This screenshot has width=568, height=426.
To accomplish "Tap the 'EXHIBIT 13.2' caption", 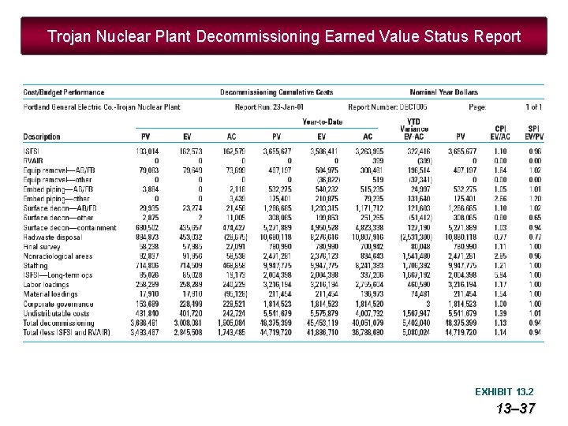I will point(503,391).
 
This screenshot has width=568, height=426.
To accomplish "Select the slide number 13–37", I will point(516,408).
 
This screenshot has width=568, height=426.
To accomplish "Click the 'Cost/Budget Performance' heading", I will point(63,93).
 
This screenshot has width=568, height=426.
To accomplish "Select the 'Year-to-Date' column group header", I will point(322,121).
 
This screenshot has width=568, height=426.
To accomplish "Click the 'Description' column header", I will point(42,137).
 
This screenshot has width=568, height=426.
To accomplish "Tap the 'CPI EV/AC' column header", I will point(500,133).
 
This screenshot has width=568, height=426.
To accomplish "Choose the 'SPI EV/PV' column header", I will point(534,133).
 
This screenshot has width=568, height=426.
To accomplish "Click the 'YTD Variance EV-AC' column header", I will point(414,129).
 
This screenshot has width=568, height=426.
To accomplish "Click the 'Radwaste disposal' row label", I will point(52,237).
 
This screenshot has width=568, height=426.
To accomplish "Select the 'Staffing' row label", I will point(35,267).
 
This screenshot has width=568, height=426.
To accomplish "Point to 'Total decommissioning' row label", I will point(58,323).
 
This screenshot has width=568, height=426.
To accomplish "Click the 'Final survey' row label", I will point(42,246).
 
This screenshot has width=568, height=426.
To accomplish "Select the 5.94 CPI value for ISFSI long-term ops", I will point(501,275).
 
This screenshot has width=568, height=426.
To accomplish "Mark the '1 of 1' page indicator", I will point(534,107).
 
